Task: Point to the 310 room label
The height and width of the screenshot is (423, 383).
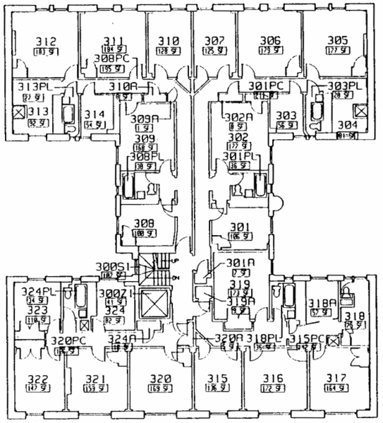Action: tap(168, 40)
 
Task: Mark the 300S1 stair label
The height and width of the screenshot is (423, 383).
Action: tap(111, 266)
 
